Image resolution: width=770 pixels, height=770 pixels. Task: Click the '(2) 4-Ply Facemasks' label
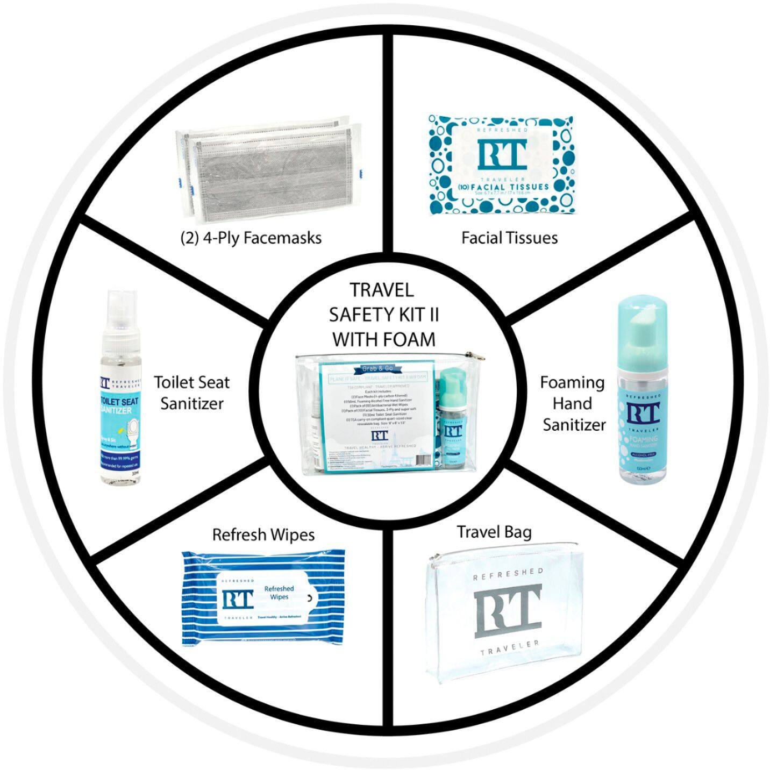click(x=251, y=238)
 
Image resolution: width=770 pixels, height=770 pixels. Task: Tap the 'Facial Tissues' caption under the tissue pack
click(x=509, y=237)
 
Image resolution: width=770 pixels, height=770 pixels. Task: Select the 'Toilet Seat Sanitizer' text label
click(x=192, y=393)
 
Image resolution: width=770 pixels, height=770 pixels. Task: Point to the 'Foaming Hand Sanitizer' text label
click(x=573, y=403)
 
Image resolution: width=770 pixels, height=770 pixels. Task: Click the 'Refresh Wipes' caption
click(x=263, y=534)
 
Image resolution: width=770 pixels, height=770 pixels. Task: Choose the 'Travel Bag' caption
click(x=494, y=532)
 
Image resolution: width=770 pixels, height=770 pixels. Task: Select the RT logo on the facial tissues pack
click(x=501, y=155)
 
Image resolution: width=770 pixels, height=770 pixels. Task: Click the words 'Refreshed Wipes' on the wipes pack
click(x=279, y=593)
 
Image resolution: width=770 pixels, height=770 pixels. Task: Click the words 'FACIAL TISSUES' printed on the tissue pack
click(x=509, y=187)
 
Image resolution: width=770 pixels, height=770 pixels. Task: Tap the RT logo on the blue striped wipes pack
click(x=237, y=600)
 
